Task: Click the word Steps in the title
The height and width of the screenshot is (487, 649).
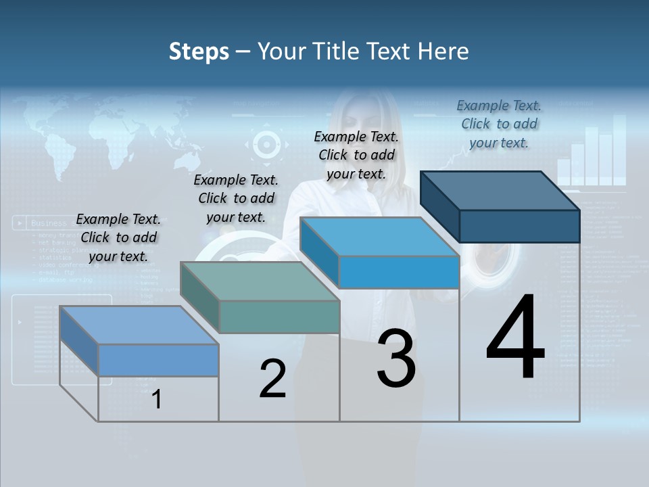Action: click(199, 51)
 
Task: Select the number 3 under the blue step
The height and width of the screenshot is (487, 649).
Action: click(395, 358)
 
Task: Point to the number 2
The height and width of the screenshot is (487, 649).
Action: click(272, 379)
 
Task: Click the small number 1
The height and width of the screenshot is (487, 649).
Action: click(156, 399)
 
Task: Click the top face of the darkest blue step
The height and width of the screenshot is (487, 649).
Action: click(500, 190)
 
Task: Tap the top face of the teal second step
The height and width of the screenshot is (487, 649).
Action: click(260, 281)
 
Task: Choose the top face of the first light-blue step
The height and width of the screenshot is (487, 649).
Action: click(139, 325)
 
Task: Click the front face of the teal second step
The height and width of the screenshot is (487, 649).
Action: click(279, 317)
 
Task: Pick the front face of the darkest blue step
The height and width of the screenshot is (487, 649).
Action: click(519, 226)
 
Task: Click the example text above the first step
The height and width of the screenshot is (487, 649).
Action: click(118, 237)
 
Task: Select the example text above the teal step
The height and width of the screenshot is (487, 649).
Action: click(236, 198)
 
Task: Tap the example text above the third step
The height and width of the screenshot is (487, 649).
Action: click(356, 155)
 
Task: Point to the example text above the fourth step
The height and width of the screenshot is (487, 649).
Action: click(499, 124)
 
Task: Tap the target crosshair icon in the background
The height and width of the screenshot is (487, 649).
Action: click(266, 144)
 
